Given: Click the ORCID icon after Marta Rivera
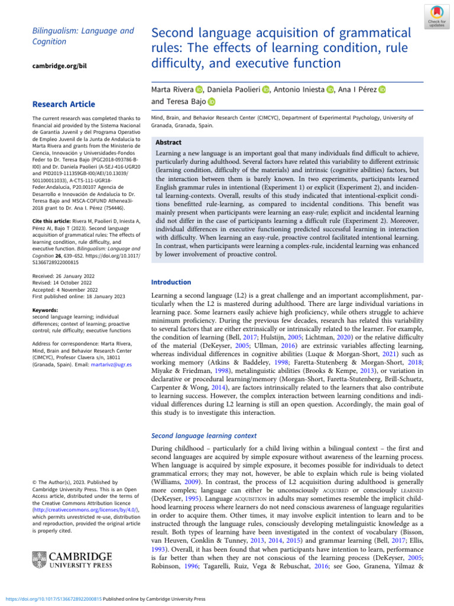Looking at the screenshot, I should (x=199, y=90).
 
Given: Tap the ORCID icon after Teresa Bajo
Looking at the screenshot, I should (x=212, y=102).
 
